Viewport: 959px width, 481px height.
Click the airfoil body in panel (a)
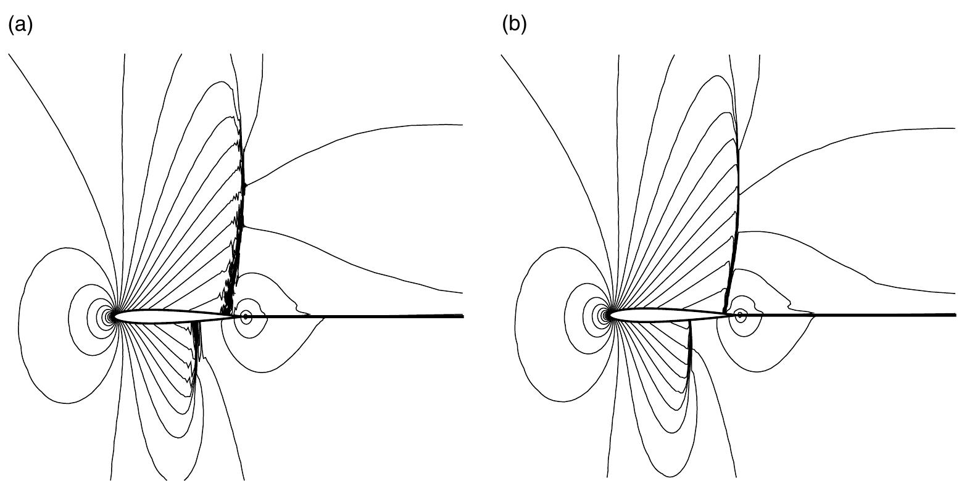(x=167, y=316)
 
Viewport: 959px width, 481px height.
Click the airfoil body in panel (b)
(x=660, y=315)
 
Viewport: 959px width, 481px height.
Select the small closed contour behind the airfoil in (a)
(x=246, y=316)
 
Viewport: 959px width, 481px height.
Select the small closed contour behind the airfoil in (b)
(x=741, y=314)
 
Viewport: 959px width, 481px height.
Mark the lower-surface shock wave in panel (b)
(x=690, y=351)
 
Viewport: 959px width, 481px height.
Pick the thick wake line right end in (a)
(x=462, y=316)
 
